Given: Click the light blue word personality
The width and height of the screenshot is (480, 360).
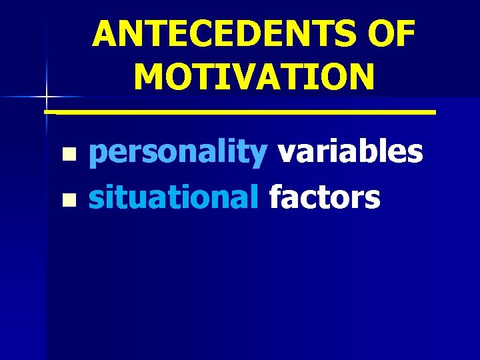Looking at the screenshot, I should [178, 153].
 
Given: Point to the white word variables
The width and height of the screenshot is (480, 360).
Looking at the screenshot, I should [350, 151].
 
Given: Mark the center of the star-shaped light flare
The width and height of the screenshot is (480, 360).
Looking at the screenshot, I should [46, 97].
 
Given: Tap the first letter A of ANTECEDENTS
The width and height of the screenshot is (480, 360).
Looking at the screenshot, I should [105, 34].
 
